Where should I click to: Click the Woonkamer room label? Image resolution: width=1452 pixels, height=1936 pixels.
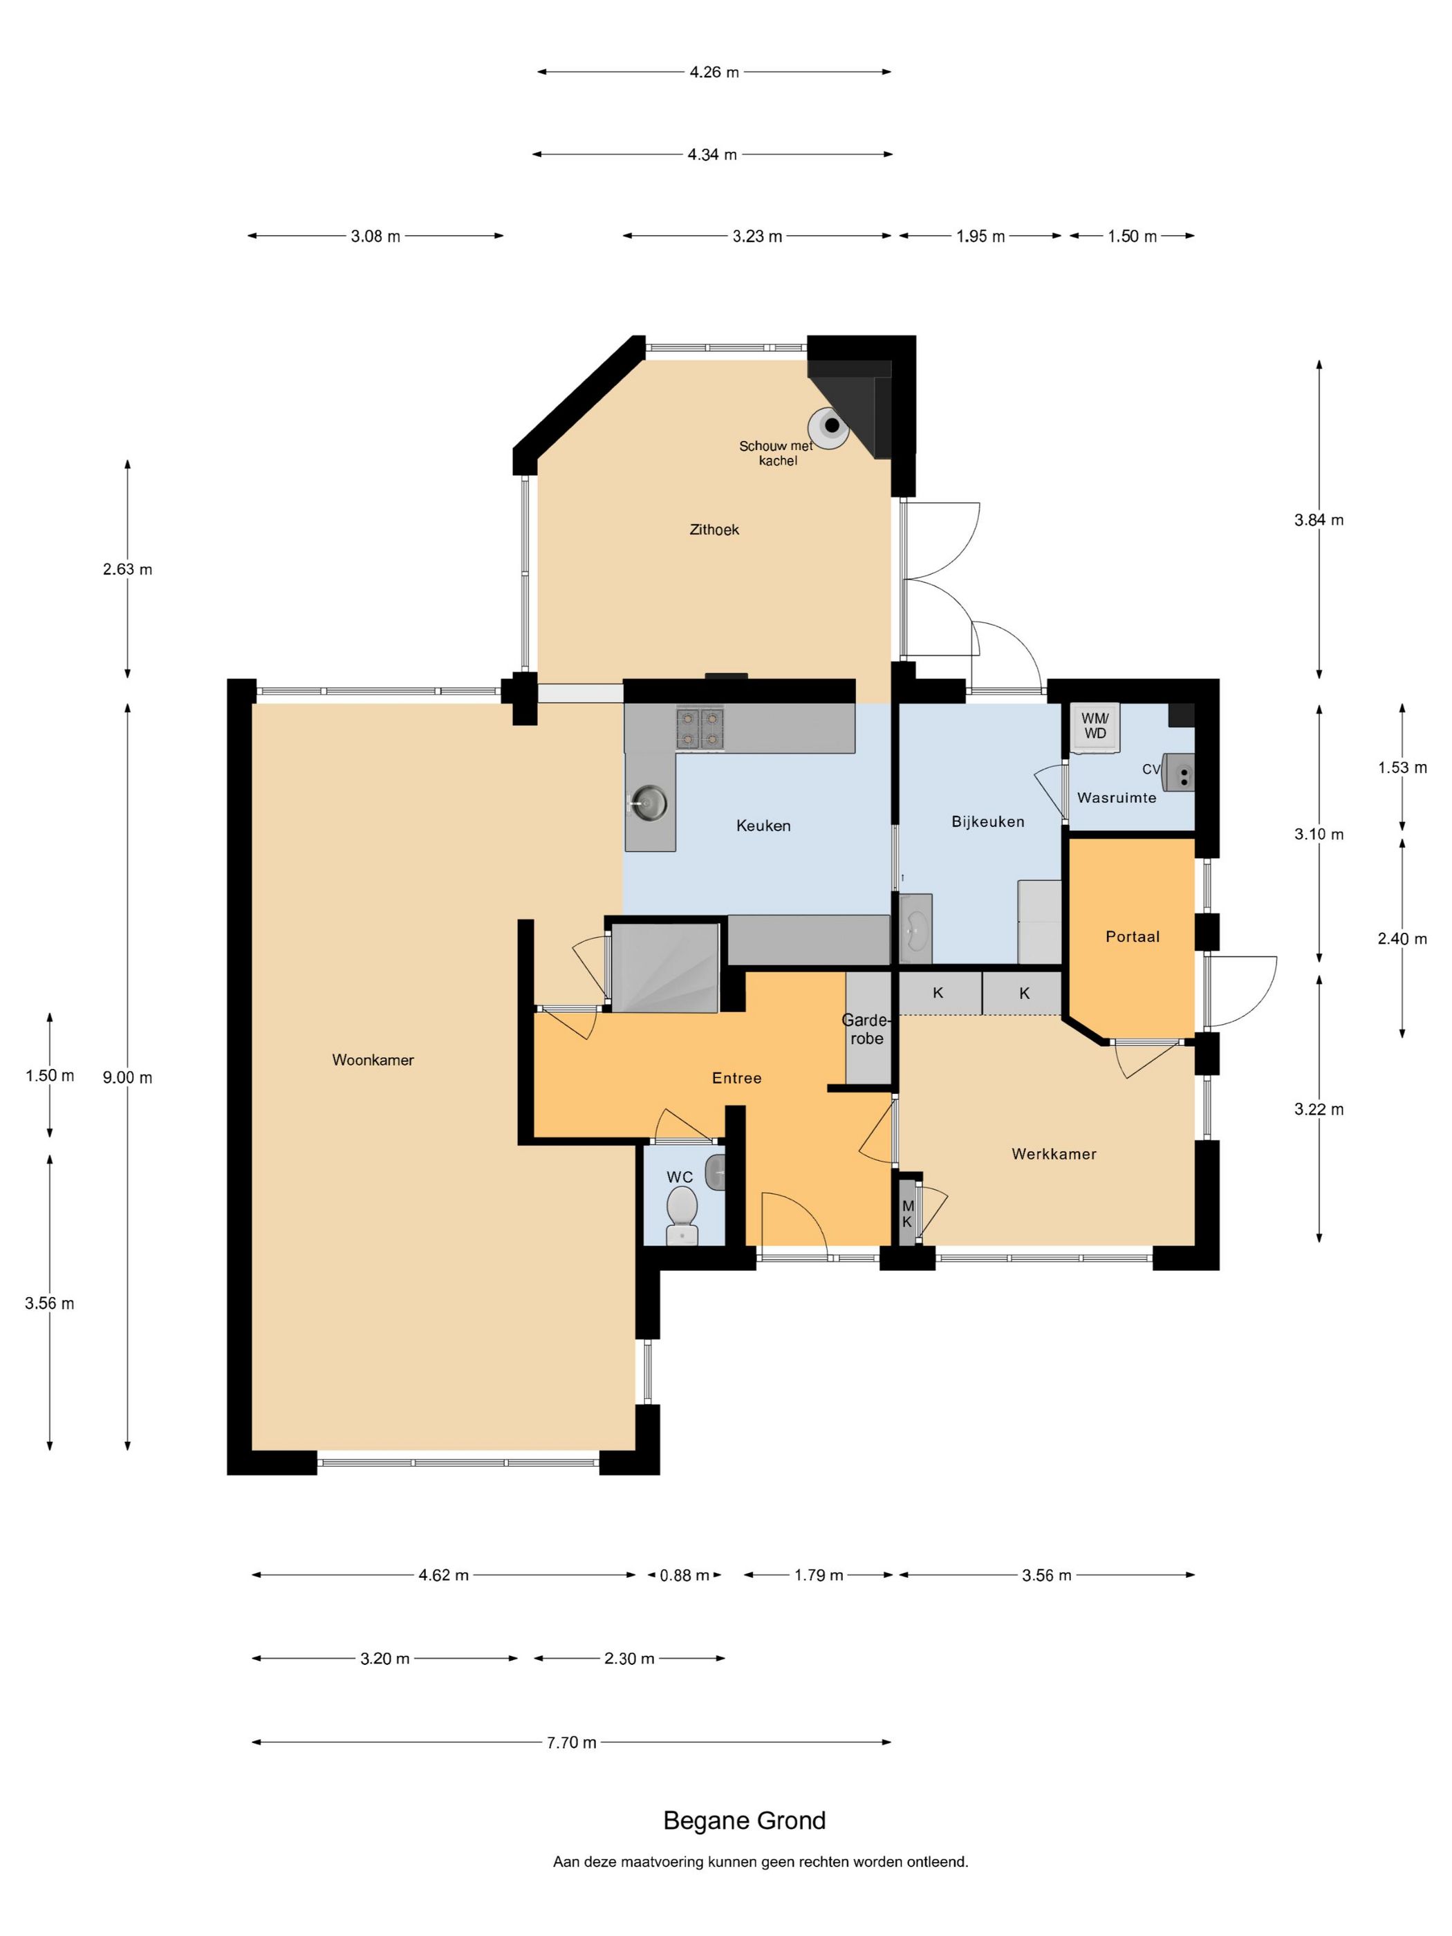373,1060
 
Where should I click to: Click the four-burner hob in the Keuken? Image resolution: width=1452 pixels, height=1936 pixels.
700,729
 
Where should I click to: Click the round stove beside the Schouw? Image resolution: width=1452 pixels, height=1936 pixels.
830,426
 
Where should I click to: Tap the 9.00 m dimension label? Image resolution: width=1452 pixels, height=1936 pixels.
128,1077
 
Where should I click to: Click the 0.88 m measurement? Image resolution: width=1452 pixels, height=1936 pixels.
685,1575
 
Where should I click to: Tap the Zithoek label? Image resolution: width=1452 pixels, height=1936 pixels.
714,530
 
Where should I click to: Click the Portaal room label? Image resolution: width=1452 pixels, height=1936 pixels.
1133,936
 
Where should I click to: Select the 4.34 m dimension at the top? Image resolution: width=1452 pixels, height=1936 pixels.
712,155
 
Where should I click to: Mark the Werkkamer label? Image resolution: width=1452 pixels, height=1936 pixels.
1054,1153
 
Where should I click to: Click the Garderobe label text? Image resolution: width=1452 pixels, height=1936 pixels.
866,1030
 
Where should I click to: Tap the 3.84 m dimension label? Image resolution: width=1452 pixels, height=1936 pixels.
1319,520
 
